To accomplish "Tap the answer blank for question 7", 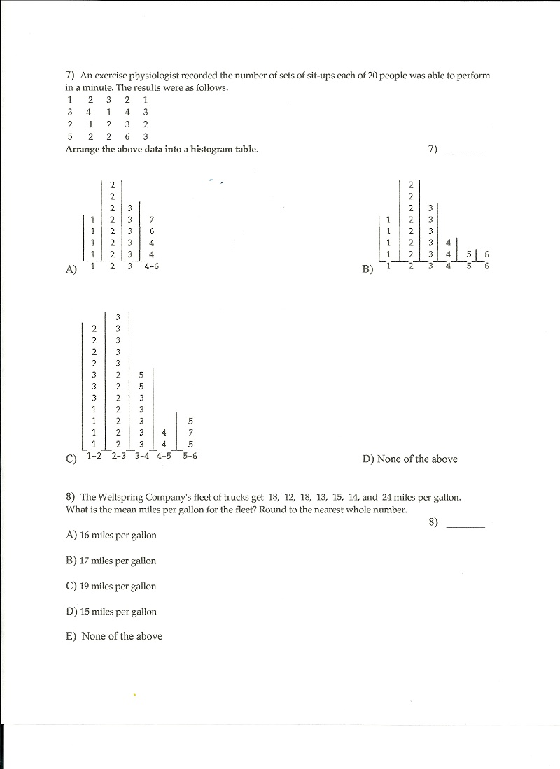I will click(x=465, y=150).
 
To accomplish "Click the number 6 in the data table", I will click(x=127, y=136).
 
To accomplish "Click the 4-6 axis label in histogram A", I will click(x=151, y=266).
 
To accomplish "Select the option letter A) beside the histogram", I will click(x=71, y=269).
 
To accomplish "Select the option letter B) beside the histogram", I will click(x=368, y=269).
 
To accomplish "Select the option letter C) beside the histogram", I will click(x=71, y=459).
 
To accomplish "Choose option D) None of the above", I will click(x=409, y=459).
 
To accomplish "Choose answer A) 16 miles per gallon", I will click(x=111, y=536).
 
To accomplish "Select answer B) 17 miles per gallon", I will click(x=111, y=561).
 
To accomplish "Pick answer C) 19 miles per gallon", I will click(x=111, y=587).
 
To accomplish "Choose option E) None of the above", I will click(x=113, y=636).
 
